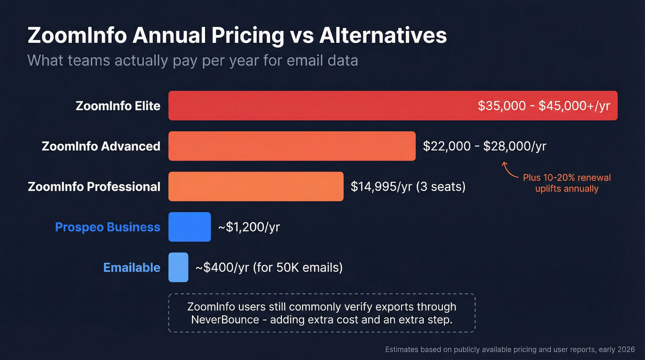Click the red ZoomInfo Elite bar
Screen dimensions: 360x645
pos(322,106)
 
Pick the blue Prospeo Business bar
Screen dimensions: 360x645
pos(189,227)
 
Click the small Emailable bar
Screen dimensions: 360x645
pos(178,267)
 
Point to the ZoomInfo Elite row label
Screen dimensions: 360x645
pos(118,106)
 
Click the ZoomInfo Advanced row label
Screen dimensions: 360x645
pos(101,146)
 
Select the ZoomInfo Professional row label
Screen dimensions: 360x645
pos(94,187)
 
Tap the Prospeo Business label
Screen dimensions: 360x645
pos(107,227)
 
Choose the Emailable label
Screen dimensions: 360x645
pos(132,268)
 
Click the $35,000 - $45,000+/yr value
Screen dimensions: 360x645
pos(544,106)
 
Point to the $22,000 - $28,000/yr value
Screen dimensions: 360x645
pos(485,146)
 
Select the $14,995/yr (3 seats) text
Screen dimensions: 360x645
pos(408,187)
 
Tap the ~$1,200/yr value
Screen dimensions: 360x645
pos(249,227)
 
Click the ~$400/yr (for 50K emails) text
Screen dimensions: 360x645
pos(269,268)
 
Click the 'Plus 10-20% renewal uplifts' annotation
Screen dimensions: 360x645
pos(567,183)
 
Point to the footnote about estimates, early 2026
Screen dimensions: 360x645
pos(510,350)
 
